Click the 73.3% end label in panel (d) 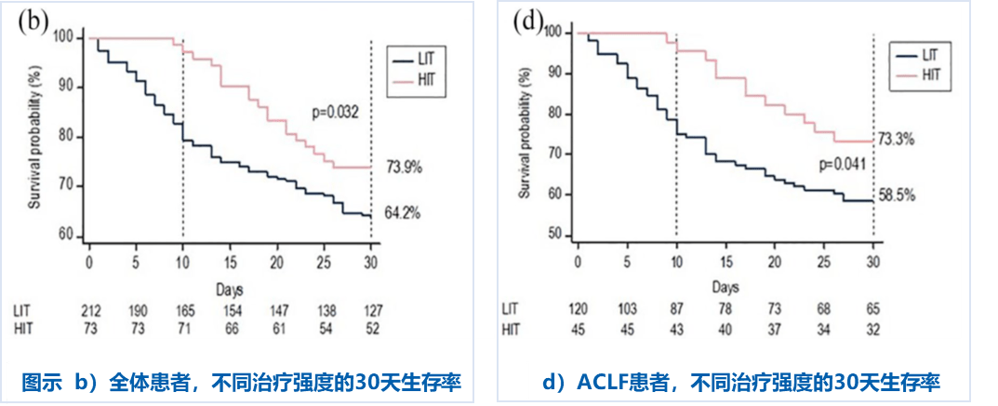[x=896, y=140]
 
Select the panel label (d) [x=527, y=20]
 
